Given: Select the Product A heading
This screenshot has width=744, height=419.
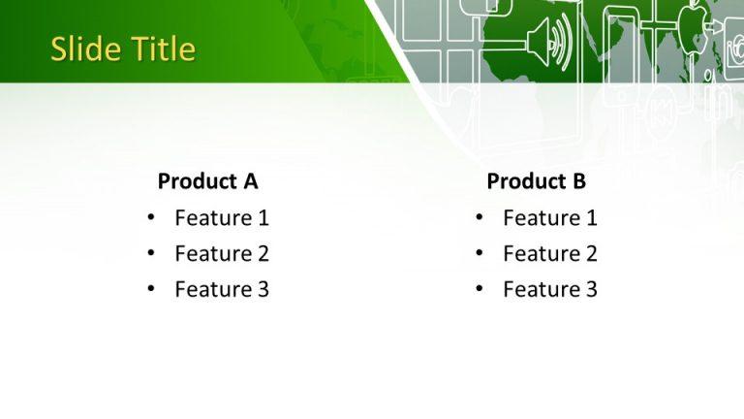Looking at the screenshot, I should point(207,181).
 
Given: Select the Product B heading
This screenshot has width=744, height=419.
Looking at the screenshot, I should point(536,181).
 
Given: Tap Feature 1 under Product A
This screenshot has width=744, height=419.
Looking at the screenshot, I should point(221,218).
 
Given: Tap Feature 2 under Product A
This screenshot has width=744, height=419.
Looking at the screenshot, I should point(221,254).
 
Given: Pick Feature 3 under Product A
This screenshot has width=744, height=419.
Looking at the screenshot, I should point(221,289).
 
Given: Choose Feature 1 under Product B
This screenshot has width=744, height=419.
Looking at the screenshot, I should point(549,218).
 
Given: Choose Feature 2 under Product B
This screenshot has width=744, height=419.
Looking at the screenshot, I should point(549,254).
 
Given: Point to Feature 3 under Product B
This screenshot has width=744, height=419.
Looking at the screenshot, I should point(549,289).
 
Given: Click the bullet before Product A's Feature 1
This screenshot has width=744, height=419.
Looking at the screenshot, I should point(150,218).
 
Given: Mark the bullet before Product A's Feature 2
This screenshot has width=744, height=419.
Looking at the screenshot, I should point(150,254).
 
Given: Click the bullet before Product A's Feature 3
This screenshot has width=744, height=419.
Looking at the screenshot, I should point(150,289).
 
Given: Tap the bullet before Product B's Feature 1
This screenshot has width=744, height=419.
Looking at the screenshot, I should point(479,218).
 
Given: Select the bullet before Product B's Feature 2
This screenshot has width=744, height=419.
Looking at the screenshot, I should point(479,254).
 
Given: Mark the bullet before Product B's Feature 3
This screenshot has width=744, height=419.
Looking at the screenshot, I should point(479,289).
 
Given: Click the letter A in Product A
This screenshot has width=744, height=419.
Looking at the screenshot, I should point(250,181).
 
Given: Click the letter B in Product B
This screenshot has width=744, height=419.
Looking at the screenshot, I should point(578,181).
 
